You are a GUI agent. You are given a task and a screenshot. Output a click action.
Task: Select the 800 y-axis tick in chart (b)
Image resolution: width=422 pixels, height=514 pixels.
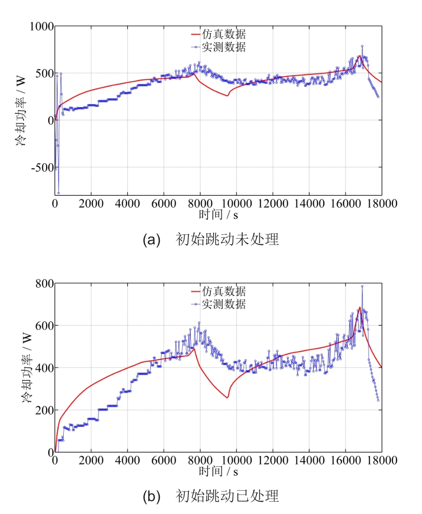click(44, 283)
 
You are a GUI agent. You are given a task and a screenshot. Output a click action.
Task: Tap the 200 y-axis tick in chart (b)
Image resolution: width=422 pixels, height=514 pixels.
click(44, 410)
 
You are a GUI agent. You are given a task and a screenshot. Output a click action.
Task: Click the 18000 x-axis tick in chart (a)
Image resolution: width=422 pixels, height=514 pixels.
click(382, 204)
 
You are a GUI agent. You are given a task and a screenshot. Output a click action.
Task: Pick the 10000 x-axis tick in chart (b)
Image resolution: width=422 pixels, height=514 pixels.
click(236, 462)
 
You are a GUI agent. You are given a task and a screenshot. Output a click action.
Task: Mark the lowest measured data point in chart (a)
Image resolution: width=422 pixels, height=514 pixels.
click(59, 193)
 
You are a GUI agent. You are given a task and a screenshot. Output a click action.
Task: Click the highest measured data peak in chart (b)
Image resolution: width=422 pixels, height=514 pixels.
click(362, 286)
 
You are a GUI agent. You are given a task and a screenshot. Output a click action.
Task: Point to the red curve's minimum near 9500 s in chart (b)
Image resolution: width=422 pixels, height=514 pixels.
click(227, 397)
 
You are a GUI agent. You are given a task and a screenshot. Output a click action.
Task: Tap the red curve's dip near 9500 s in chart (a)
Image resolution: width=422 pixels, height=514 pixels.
click(227, 95)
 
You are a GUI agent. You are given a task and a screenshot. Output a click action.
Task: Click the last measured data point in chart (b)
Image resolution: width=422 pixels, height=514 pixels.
click(378, 400)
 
